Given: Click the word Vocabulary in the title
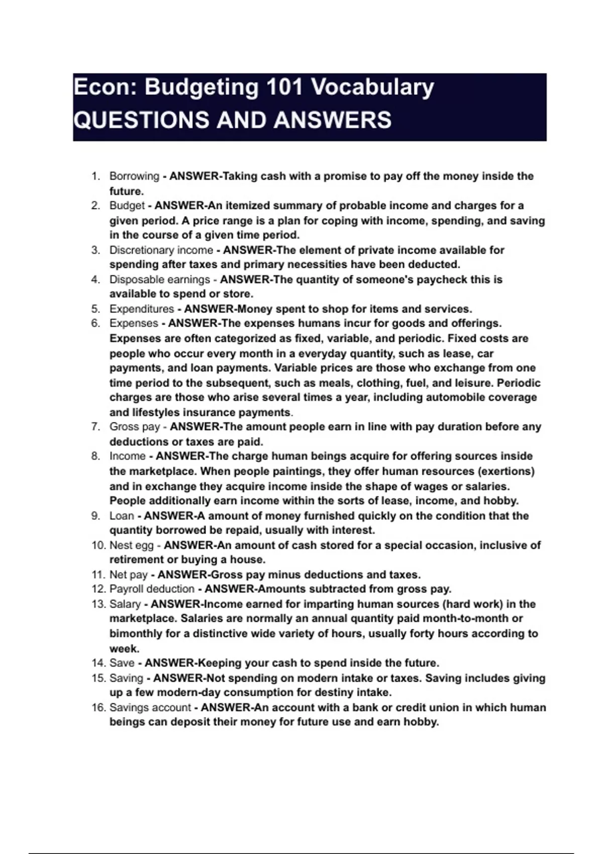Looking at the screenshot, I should (372, 87).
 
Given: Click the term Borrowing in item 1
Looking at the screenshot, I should (134, 176).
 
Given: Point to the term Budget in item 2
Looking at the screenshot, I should (127, 205).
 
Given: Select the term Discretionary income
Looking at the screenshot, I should (161, 250).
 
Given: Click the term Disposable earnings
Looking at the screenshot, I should (159, 279).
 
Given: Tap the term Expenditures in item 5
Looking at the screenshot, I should (141, 309).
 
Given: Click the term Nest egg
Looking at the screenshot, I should (131, 545).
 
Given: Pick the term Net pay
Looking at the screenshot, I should (128, 575).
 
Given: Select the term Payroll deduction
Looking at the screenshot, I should (152, 589).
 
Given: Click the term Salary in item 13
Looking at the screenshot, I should (125, 604).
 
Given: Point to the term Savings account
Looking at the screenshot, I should (150, 708).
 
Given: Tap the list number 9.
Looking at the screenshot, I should (95, 516).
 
